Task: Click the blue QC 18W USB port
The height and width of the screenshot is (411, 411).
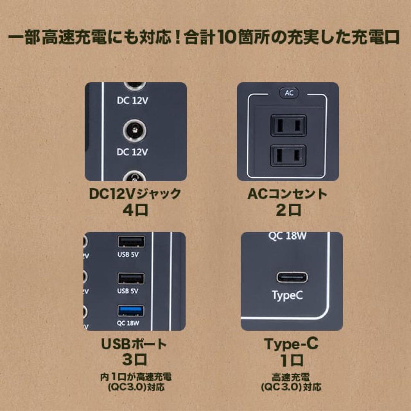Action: [x=131, y=311]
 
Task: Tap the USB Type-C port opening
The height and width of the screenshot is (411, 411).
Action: [x=292, y=277]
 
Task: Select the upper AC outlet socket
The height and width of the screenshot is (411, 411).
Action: [x=288, y=126]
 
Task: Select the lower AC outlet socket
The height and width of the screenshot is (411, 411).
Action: [x=288, y=155]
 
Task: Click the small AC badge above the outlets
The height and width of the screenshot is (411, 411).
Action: [x=289, y=93]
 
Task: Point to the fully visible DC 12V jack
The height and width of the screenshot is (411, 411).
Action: [x=132, y=132]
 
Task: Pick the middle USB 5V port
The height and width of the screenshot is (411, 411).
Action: [x=131, y=279]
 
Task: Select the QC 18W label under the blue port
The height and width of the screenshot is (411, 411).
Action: [x=129, y=324]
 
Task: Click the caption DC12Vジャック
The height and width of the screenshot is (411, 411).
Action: [x=135, y=194]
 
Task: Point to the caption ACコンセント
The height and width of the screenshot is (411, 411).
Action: [x=287, y=194]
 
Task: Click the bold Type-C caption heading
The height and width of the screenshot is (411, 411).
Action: [x=292, y=344]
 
